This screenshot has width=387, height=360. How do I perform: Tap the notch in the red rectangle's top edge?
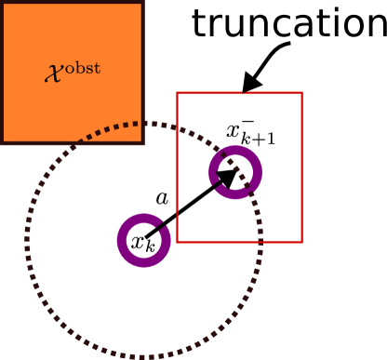click(244, 92)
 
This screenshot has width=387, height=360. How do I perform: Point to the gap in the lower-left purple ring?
click(166, 223)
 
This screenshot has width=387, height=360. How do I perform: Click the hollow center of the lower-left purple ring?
click(143, 241)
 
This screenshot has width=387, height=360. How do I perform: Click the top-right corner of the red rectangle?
click(302, 93)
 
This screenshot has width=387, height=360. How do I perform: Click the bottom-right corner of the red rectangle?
click(302, 242)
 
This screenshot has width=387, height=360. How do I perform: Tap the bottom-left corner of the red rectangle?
click(177, 242)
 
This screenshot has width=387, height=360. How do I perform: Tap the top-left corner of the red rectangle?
click(177, 93)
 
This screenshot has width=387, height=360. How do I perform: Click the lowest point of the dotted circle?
click(143, 357)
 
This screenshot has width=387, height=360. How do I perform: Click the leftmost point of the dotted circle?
click(26, 240)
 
